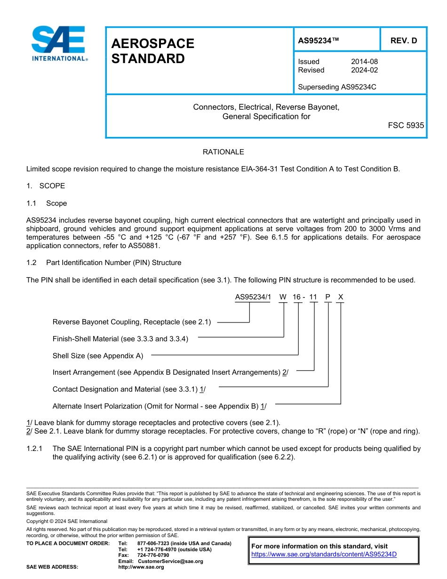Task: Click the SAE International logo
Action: coord(59,43)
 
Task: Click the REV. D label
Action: coord(403,41)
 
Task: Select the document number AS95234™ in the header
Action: coord(318,41)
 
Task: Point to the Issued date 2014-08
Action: coord(364,62)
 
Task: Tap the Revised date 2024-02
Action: coord(364,70)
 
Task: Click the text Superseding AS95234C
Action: coord(337,87)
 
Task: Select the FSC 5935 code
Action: coord(406,126)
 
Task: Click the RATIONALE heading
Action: coord(223,152)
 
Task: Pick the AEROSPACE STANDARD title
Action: coord(152,51)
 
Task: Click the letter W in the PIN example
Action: coord(282,297)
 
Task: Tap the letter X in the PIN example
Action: coord(341,297)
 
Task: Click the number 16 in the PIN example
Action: coord(297,297)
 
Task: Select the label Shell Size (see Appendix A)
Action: coord(98,356)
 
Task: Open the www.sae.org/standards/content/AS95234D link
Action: coord(324,555)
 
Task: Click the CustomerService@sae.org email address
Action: coord(170,561)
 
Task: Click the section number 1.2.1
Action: coord(35,449)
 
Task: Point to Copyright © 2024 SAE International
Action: coord(67,521)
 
